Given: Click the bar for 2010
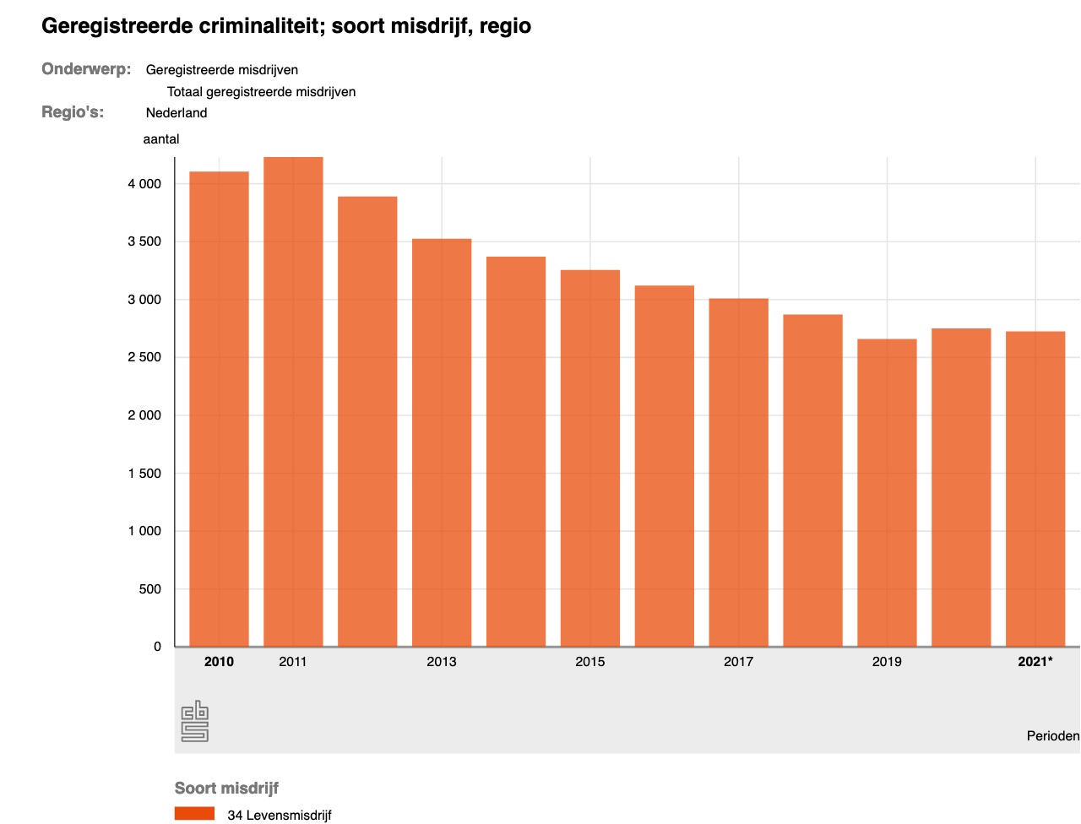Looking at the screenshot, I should [x=219, y=409].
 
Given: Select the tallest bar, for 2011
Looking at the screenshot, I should [x=293, y=402].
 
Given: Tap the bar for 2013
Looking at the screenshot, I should [x=442, y=443].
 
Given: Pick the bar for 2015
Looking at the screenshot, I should [x=590, y=458].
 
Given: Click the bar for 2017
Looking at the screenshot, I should [x=738, y=473].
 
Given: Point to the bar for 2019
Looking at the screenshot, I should [x=887, y=493].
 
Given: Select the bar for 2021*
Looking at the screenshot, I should [x=1035, y=490].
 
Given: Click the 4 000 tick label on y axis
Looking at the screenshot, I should [x=144, y=184].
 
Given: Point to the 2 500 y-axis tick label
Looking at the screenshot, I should [x=144, y=357].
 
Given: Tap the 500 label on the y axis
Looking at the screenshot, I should [x=149, y=589].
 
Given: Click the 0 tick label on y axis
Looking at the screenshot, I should [x=157, y=647].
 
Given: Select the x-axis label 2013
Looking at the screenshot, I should [x=442, y=662].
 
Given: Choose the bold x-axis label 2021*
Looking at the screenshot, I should [x=1035, y=662].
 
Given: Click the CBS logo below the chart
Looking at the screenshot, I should [x=195, y=721].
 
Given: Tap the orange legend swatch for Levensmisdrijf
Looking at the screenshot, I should [x=194, y=814].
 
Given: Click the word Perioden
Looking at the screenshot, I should [x=1052, y=736].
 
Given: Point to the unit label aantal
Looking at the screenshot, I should [x=161, y=139].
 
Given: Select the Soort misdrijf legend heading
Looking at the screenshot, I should [x=226, y=789].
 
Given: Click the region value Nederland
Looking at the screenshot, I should [x=177, y=113].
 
